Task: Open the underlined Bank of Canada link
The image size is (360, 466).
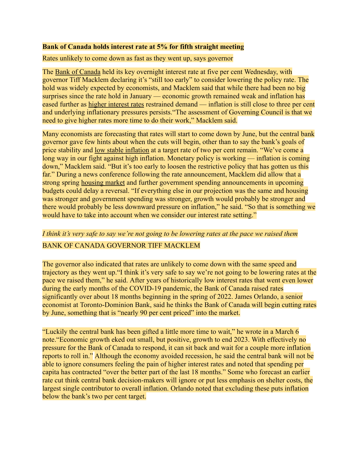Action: point(78,72)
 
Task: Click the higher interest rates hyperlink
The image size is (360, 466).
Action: point(116,104)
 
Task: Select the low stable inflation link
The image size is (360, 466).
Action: point(122,150)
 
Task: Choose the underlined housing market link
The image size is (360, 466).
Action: point(103,183)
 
